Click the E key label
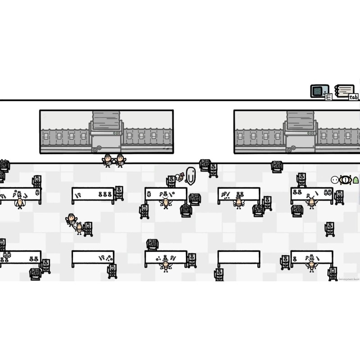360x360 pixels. (328, 97)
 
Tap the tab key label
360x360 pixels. (353, 97)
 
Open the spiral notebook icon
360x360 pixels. (344, 90)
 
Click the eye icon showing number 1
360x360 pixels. (345, 180)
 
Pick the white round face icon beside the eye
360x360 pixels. (335, 180)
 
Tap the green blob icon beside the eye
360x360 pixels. (355, 180)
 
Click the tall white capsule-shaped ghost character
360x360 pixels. (191, 175)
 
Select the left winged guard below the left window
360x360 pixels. (108, 160)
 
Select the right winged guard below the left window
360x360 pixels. (120, 160)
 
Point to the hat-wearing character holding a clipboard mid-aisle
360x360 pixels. (71, 219)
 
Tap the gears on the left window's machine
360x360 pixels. (96, 148)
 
